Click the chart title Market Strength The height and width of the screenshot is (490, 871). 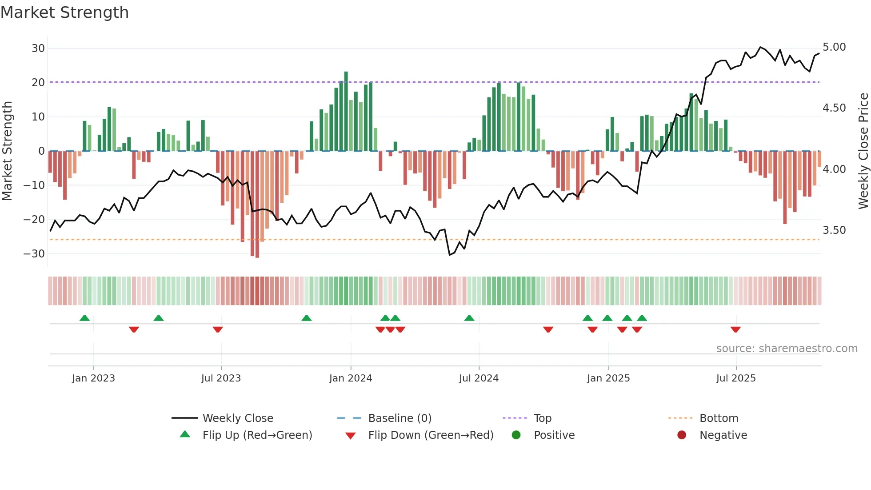pyautogui.click(x=64, y=12)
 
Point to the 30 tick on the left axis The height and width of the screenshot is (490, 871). pyautogui.click(x=38, y=48)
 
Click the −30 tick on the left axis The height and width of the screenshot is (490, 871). pyautogui.click(x=34, y=254)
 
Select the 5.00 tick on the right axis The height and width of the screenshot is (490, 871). pyautogui.click(x=834, y=47)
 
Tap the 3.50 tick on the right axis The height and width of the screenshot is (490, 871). pyautogui.click(x=834, y=230)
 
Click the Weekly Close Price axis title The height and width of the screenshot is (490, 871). pyautogui.click(x=863, y=151)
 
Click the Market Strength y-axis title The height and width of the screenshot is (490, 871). pyautogui.click(x=7, y=151)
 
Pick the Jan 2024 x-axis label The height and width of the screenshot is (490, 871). pyautogui.click(x=351, y=378)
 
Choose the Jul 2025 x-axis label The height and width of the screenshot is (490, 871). pyautogui.click(x=736, y=378)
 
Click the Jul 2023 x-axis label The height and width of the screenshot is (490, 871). pyautogui.click(x=221, y=378)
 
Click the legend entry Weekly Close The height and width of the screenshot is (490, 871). pyautogui.click(x=238, y=418)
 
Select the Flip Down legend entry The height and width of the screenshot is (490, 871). pyautogui.click(x=431, y=435)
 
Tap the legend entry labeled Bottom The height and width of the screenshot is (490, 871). pyautogui.click(x=719, y=418)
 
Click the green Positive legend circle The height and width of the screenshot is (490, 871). pyautogui.click(x=516, y=435)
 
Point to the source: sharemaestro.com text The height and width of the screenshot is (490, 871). pyautogui.click(x=787, y=349)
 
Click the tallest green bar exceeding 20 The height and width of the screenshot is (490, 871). pyautogui.click(x=346, y=111)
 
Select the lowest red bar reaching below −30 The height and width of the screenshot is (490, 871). pyautogui.click(x=257, y=205)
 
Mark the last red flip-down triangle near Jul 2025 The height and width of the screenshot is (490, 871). pyautogui.click(x=735, y=329)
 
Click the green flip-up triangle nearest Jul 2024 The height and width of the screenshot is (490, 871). pyautogui.click(x=469, y=318)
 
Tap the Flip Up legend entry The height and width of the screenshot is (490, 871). pyautogui.click(x=257, y=435)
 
